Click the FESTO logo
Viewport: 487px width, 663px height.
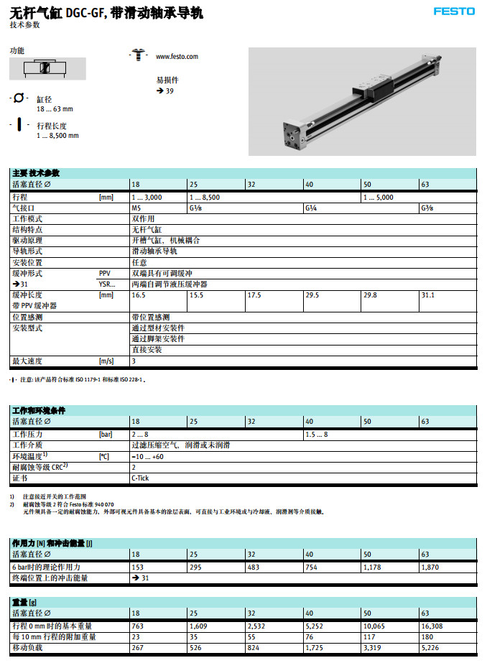[454, 11]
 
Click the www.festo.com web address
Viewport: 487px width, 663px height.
[177, 56]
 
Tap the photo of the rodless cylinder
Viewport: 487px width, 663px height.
[361, 101]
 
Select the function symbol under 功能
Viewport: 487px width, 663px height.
[47, 68]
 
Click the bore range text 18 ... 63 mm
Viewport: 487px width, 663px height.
[55, 109]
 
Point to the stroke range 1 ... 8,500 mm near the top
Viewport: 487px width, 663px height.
[57, 135]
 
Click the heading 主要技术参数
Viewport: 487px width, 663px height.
[36, 173]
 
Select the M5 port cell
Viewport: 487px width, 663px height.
[136, 208]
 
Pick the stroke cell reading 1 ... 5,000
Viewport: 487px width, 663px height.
[379, 197]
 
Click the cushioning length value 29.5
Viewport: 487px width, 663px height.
[312, 295]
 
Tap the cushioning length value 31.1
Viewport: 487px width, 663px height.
[427, 295]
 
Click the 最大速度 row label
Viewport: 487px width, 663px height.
[27, 361]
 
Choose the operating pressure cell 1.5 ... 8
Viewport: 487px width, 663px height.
[317, 435]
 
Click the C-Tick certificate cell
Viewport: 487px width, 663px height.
[141, 478]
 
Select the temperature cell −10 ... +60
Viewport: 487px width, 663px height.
[147, 456]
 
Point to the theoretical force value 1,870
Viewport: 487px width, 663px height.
[430, 567]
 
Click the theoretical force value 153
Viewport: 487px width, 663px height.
[137, 567]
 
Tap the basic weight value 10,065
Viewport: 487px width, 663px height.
[375, 626]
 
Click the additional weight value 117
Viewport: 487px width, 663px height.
[370, 636]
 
